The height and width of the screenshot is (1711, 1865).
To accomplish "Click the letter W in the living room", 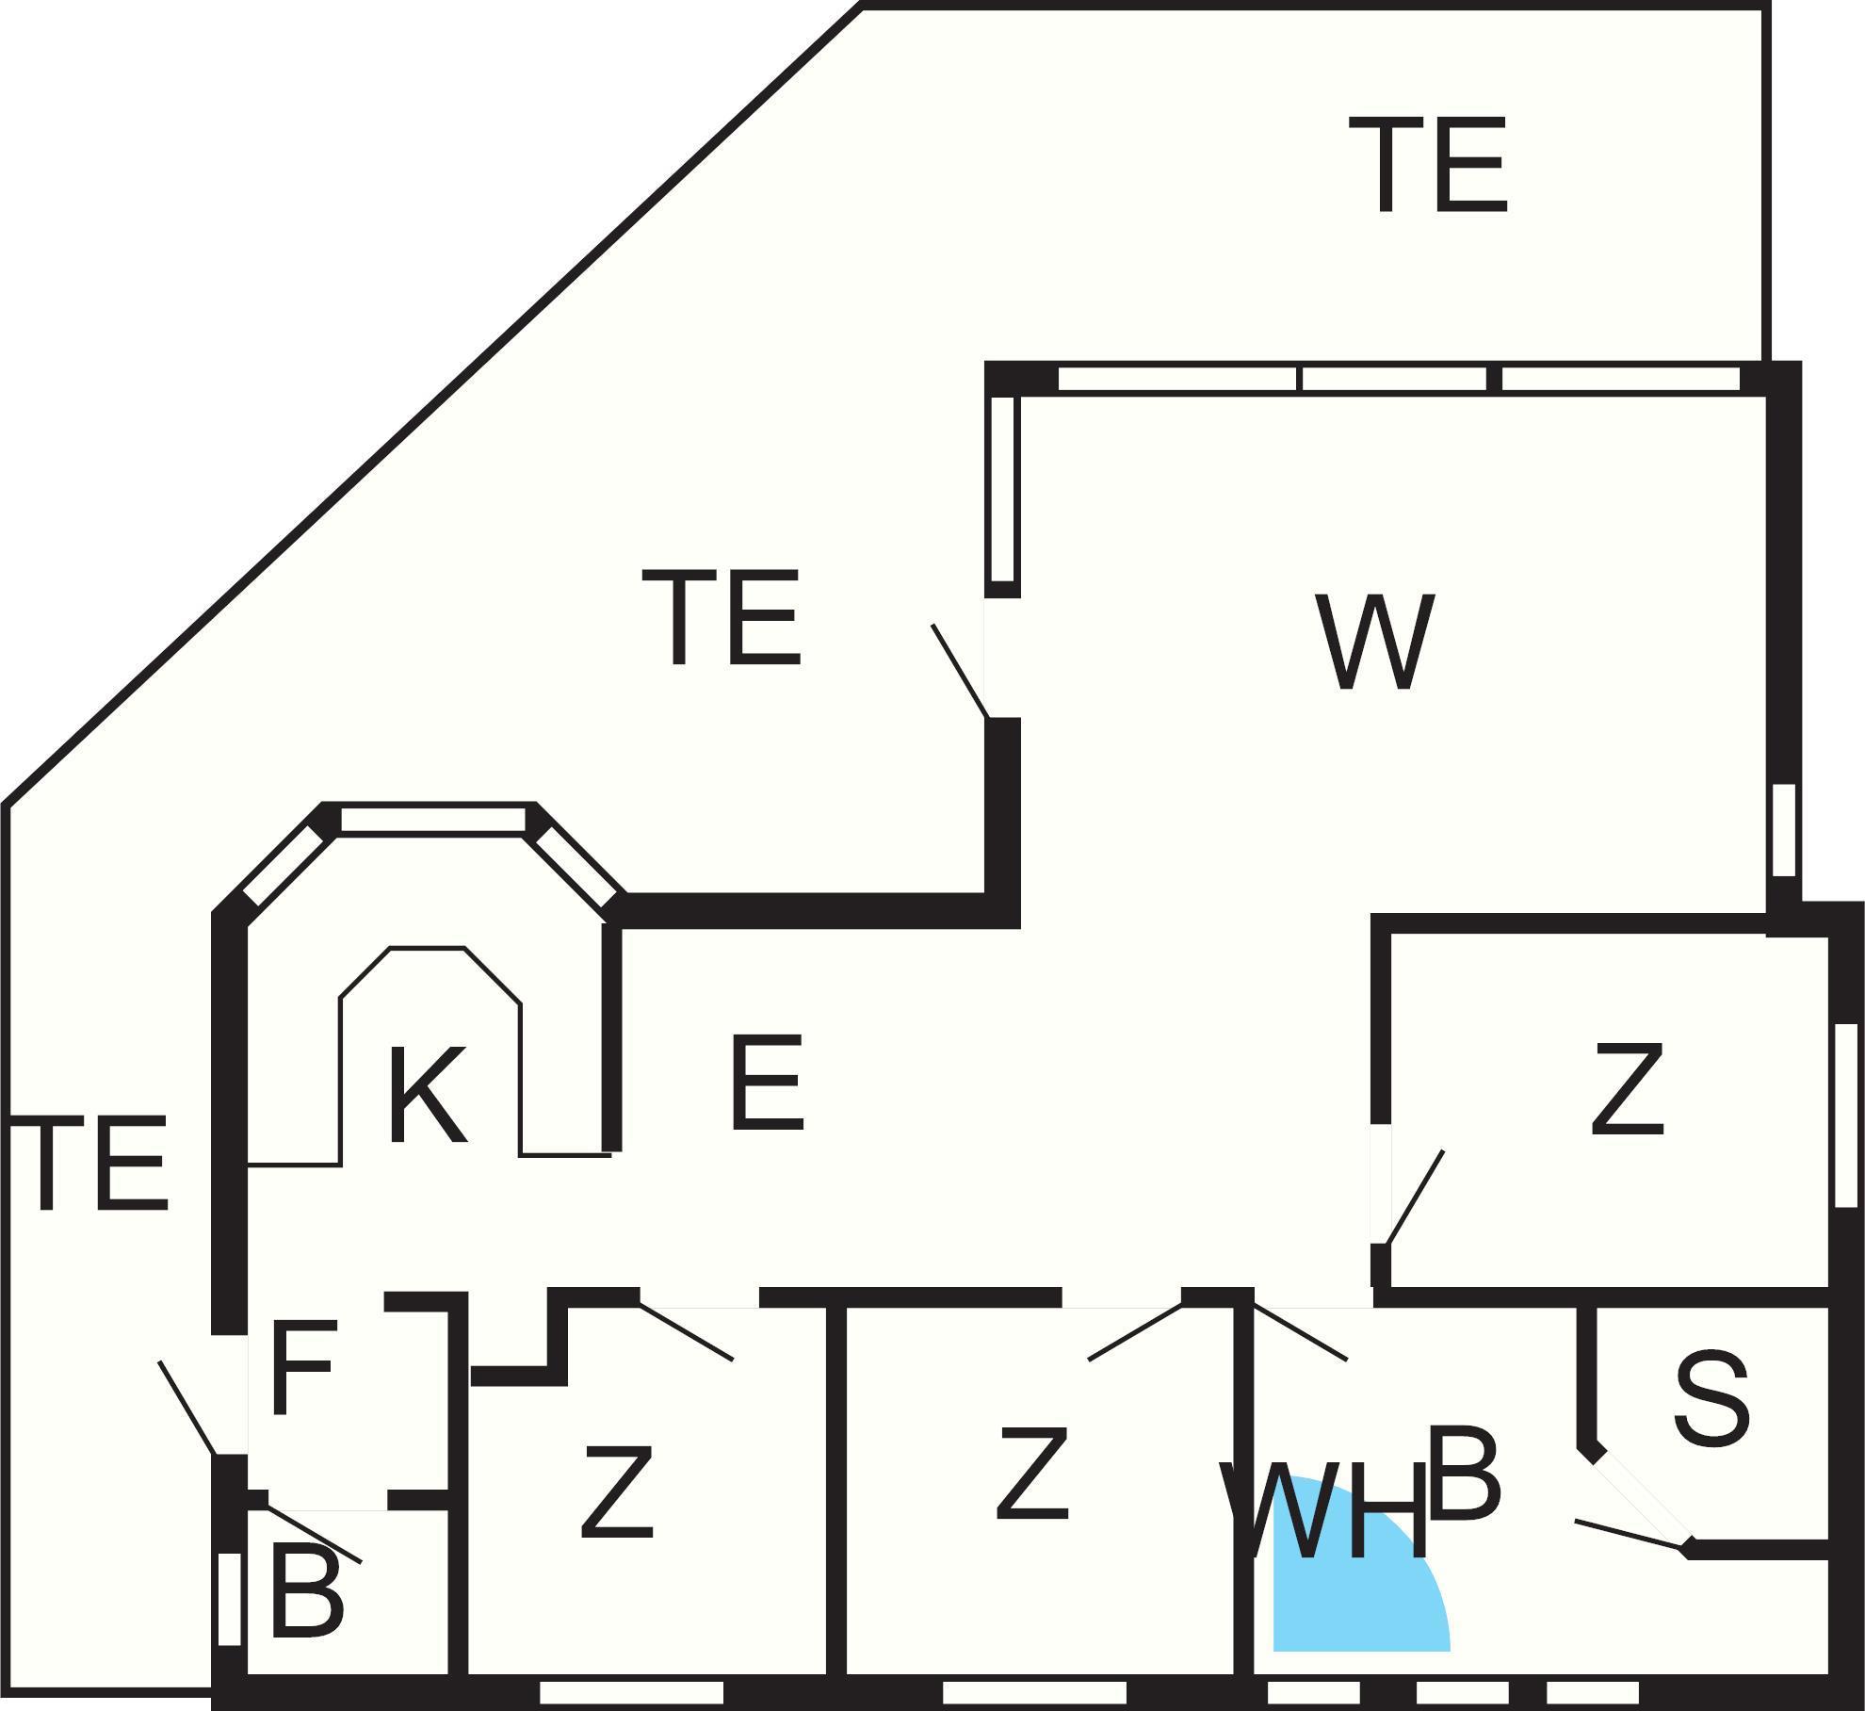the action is [x=1375, y=642].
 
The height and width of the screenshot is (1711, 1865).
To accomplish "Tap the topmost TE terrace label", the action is [x=1429, y=166].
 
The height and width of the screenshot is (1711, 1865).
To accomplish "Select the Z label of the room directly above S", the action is [x=1627, y=1089].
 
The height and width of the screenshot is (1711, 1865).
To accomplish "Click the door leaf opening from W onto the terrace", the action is [x=960, y=671].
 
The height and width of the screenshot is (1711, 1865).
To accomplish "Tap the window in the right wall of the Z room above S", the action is [x=1846, y=1115].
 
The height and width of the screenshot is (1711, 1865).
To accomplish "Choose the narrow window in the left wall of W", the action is [x=1003, y=489].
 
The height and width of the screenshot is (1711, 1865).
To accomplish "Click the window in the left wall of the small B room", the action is [x=229, y=1599].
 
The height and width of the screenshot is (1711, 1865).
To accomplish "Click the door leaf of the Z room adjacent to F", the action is [x=686, y=1332].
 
